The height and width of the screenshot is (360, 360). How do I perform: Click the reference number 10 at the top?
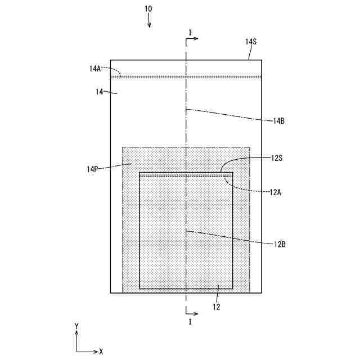[x=148, y=9]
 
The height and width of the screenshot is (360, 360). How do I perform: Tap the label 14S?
[x=251, y=42]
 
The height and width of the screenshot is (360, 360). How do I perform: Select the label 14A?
[x=95, y=69]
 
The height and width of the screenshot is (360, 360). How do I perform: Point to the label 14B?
[x=279, y=121]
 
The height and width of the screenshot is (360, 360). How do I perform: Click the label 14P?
[x=92, y=169]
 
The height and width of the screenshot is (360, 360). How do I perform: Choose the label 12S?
[x=276, y=158]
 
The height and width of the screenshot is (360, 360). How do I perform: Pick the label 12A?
[x=275, y=192]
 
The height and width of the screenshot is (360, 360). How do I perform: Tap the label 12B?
[x=280, y=244]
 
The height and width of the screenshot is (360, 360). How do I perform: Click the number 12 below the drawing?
[x=217, y=307]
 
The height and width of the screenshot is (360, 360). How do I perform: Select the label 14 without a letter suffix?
[x=100, y=92]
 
